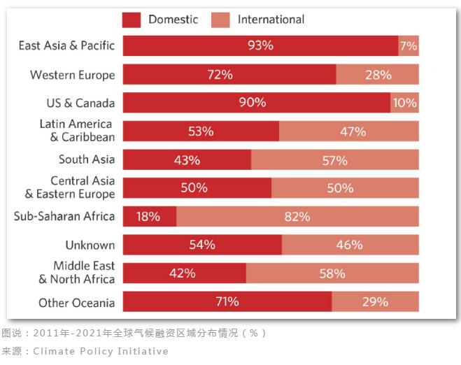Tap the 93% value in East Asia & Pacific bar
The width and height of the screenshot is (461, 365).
[260, 45]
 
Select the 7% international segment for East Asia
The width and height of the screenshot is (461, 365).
[409, 45]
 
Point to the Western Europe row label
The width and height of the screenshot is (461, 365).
[73, 75]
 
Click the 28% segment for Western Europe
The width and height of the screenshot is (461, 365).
[378, 74]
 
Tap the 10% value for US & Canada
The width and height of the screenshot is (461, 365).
[404, 103]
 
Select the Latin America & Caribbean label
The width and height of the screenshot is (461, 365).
[77, 131]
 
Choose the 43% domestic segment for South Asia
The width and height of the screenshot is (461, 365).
[187, 160]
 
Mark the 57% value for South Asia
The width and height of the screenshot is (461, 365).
[334, 160]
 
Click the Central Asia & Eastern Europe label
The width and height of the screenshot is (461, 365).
[70, 187]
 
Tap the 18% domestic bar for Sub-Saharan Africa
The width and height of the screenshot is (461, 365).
[149, 217]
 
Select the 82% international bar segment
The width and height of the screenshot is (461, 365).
[297, 217]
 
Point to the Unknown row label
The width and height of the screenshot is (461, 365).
[90, 245]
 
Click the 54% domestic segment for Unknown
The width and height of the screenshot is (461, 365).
[201, 245]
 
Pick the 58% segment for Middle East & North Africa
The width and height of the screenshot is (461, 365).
[332, 273]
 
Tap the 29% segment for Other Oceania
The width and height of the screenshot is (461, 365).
[376, 302]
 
